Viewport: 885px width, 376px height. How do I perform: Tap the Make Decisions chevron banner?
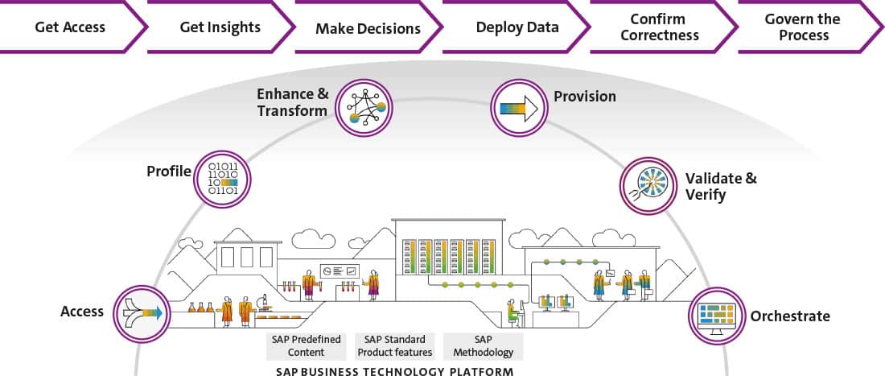tap(368, 28)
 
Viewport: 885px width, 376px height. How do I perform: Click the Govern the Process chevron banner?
tap(803, 27)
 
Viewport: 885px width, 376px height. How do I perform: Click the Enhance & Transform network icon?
tap(364, 107)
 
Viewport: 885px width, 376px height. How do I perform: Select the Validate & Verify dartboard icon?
tap(648, 185)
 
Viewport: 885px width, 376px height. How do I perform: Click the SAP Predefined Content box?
tap(306, 346)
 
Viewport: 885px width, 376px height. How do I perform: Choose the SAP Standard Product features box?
tap(395, 346)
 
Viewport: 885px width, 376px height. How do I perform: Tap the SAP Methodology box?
tap(483, 346)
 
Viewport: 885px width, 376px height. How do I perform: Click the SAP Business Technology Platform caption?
tap(394, 371)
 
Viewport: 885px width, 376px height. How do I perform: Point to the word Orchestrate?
tap(790, 316)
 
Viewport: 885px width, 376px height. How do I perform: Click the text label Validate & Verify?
tap(721, 186)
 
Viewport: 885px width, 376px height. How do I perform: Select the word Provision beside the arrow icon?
tap(585, 97)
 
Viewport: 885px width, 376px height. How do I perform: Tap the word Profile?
tap(169, 171)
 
